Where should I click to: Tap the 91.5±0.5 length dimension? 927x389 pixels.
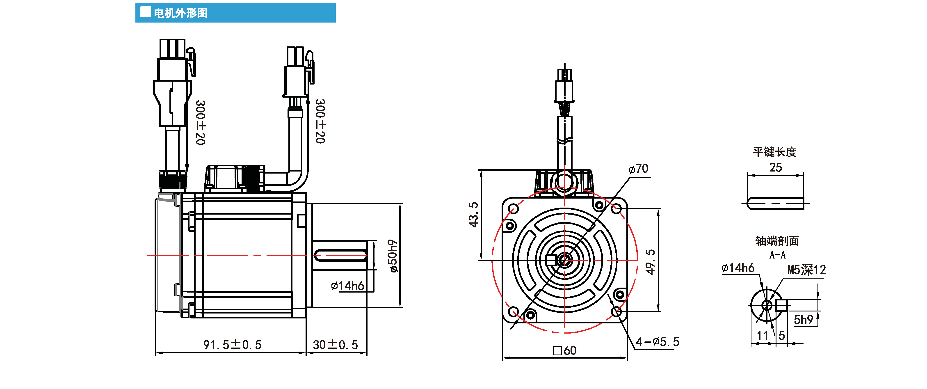232,345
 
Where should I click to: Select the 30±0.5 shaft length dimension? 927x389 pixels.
335,345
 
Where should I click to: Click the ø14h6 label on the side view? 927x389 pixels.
347,286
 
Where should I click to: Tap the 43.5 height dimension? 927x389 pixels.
473,215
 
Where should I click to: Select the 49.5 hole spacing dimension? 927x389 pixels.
650,262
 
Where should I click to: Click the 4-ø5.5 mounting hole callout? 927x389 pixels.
657,341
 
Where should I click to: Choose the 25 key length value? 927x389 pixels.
776,167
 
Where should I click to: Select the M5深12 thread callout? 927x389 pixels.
806,270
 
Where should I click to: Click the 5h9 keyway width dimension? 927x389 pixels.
803,319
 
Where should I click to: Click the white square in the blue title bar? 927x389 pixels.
145,12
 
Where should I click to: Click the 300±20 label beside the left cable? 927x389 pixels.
201,122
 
